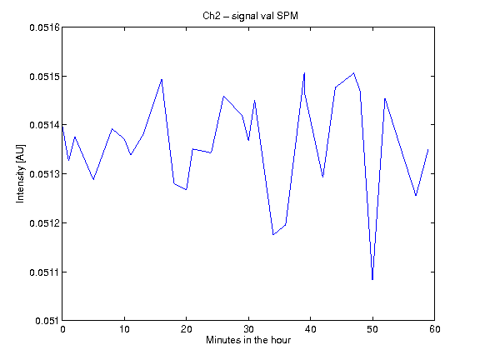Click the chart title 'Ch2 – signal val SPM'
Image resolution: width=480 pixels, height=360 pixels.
[250, 16]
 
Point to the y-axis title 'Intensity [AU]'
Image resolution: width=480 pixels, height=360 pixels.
[21, 173]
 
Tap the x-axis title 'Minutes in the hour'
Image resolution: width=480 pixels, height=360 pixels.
[248, 340]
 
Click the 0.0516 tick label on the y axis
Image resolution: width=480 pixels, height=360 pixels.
[44, 27]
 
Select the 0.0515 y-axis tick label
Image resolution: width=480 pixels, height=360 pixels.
[44, 76]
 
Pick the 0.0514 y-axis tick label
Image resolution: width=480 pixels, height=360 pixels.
[44, 125]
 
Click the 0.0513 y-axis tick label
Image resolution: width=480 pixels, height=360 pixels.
[44, 174]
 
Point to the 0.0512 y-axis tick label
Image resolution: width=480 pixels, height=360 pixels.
[44, 222]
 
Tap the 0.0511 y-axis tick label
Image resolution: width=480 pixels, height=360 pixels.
[44, 272]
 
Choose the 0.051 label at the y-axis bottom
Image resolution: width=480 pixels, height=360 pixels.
[47, 321]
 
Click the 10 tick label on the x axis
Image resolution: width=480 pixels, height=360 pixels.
[124, 329]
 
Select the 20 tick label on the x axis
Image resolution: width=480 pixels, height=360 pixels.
[186, 329]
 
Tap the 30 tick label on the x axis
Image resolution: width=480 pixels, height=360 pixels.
[248, 329]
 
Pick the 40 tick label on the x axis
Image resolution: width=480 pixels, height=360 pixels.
[310, 329]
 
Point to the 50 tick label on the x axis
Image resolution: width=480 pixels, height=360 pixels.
[372, 329]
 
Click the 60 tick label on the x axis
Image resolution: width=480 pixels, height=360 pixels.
[435, 329]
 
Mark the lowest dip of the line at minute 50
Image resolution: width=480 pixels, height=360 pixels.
[372, 279]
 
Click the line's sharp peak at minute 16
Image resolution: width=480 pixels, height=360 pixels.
[162, 79]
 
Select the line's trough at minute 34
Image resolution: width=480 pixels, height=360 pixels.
[273, 234]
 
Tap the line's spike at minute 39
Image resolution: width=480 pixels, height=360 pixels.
[304, 72]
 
